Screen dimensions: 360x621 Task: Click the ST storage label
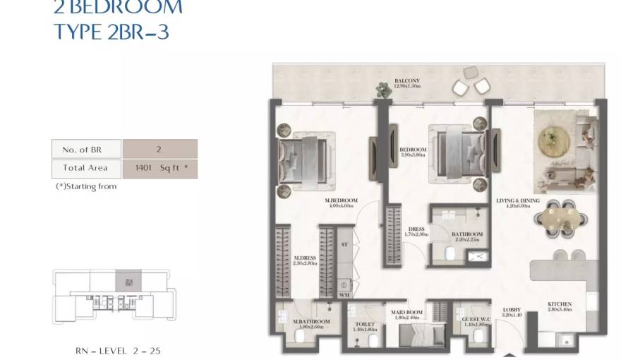(x=344, y=245)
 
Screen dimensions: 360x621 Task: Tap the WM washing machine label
(x=344, y=294)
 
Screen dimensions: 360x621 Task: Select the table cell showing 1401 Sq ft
(x=159, y=168)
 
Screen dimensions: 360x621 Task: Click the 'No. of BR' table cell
(x=87, y=149)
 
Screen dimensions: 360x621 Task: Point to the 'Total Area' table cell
(x=87, y=168)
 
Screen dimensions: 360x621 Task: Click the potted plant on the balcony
(x=383, y=89)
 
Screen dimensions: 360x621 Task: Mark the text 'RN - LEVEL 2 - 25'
(x=113, y=350)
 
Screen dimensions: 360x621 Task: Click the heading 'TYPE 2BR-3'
(x=111, y=32)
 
